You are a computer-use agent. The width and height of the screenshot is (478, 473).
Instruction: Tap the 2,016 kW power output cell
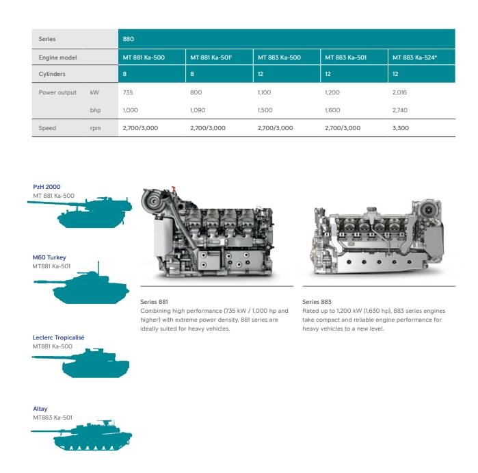pos(399,92)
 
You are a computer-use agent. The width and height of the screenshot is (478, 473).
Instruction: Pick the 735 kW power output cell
pos(128,92)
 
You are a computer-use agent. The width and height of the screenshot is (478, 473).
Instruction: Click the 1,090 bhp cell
pos(198,110)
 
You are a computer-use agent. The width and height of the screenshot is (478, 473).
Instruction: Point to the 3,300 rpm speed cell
pos(401,128)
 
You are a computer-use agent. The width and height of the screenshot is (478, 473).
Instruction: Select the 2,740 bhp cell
pos(399,110)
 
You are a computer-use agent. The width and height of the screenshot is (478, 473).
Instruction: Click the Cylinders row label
pos(52,74)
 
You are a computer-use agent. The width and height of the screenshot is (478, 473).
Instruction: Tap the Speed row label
pos(47,128)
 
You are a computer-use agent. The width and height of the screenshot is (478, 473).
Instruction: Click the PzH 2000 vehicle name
pos(47,187)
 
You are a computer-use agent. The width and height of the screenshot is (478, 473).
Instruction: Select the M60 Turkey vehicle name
pos(49,257)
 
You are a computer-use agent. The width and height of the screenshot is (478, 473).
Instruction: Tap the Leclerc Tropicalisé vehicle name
pos(58,337)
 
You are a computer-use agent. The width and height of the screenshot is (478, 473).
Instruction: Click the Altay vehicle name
pos(40,409)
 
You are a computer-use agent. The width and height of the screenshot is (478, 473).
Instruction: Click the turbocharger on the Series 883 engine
pos(429,209)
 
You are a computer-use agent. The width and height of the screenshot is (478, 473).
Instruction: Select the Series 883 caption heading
pos(317,302)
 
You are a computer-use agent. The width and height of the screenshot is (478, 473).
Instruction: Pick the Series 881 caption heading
pos(154,302)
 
